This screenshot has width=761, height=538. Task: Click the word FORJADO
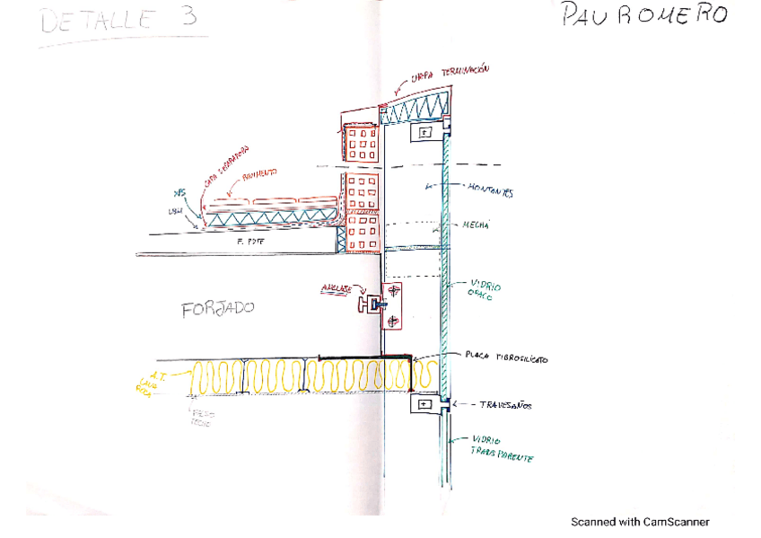(217, 309)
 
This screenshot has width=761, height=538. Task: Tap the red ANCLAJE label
(337, 290)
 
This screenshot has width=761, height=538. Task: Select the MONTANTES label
(490, 190)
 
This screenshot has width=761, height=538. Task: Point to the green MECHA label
(477, 226)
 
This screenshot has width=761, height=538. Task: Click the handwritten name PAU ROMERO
(643, 16)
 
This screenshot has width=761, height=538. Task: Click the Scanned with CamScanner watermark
(640, 522)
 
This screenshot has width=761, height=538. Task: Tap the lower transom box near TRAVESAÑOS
(424, 405)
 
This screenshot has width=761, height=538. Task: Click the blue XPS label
(179, 193)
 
